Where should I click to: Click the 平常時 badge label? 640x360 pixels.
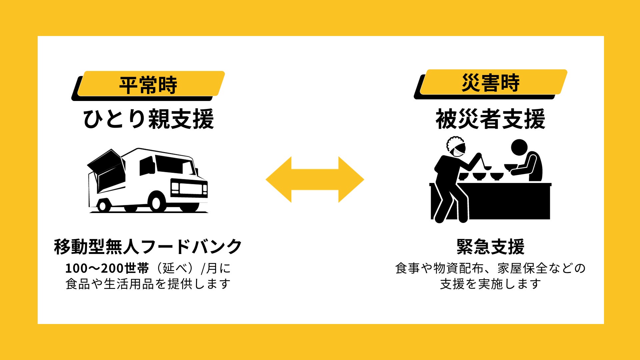click(x=148, y=85)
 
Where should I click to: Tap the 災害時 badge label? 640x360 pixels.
click(x=490, y=83)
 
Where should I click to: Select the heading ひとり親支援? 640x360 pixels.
click(x=148, y=119)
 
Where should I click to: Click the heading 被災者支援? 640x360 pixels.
click(x=490, y=119)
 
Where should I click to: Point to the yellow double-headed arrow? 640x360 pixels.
click(x=315, y=179)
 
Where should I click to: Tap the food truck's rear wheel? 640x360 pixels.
click(x=103, y=206)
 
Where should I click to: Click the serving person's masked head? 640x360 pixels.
click(x=456, y=147)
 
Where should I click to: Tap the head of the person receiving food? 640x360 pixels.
click(x=519, y=147)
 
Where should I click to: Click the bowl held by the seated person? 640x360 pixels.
click(x=510, y=167)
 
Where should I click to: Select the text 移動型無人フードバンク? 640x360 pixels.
click(x=148, y=247)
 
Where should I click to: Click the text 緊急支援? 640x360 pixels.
click(x=490, y=247)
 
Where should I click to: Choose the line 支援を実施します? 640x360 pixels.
click(x=490, y=284)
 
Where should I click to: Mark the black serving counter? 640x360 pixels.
click(x=507, y=202)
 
